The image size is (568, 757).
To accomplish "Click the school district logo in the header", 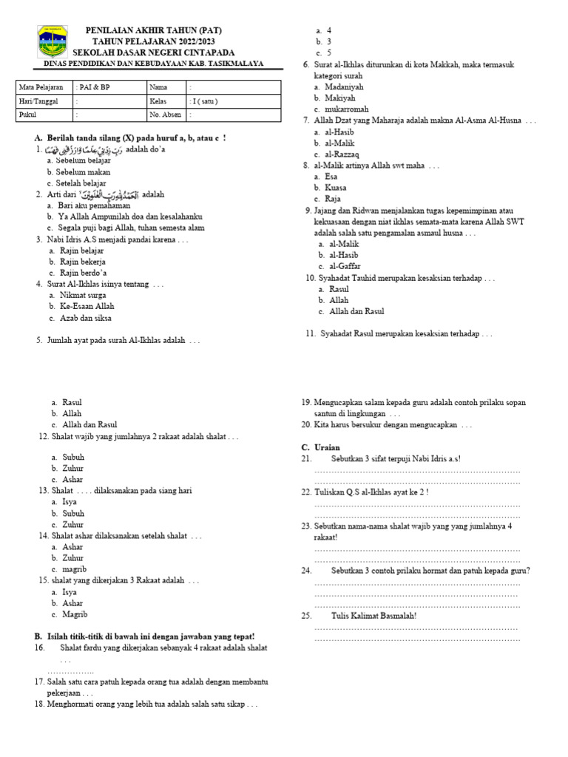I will [x=53, y=42].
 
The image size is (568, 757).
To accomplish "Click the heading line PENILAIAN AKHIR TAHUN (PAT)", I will [x=153, y=30].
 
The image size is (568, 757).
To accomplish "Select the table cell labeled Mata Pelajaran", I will [x=43, y=87].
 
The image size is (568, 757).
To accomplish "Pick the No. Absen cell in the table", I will [x=165, y=115].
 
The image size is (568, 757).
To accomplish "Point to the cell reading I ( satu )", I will [x=207, y=101].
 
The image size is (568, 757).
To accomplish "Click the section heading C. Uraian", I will [x=320, y=447].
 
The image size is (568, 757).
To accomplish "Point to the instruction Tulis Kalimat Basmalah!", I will [x=373, y=615].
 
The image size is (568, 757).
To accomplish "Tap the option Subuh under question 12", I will [x=73, y=457].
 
